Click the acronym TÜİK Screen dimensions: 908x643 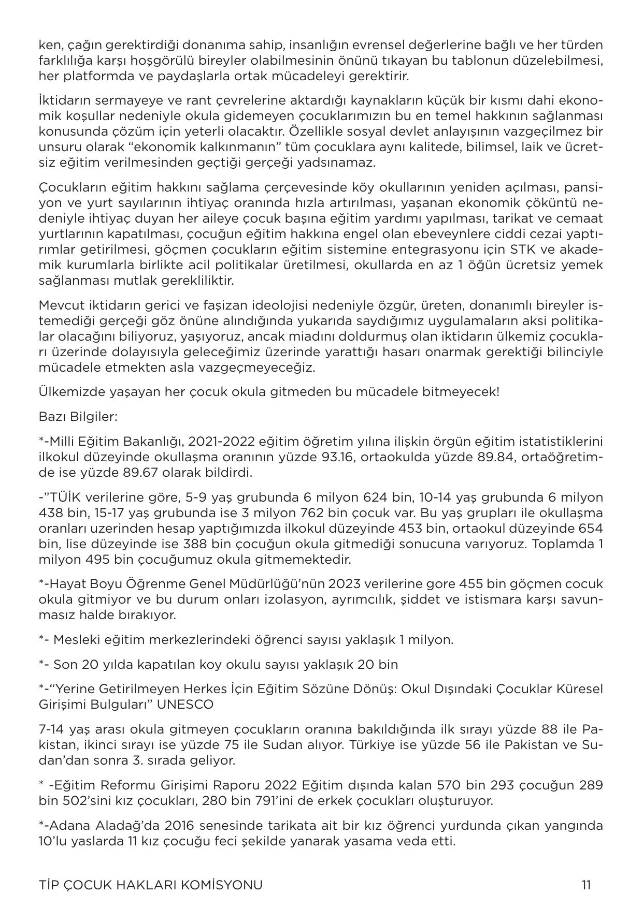pos(66,497)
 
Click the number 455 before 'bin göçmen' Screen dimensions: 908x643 pos(470,584)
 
